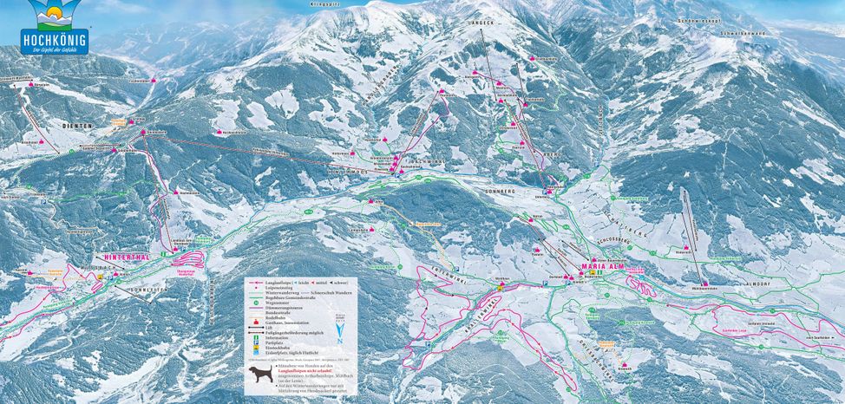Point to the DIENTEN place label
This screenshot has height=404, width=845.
click(77, 127)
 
